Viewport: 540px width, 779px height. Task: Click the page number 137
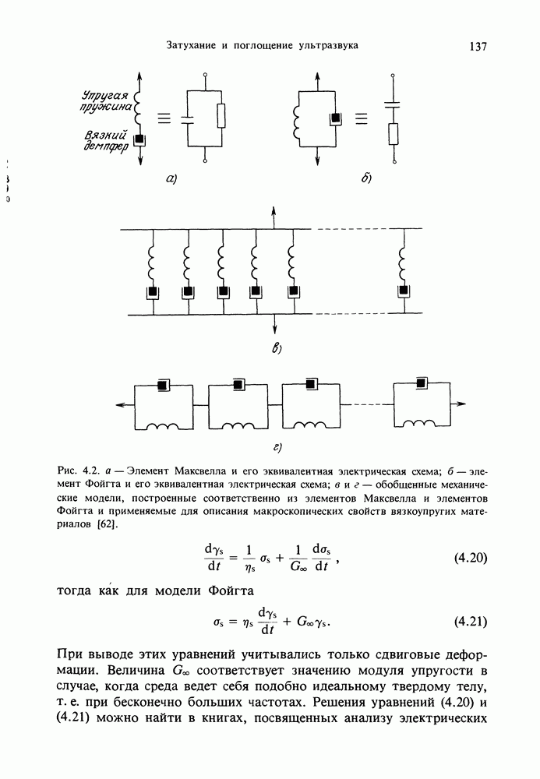click(478, 46)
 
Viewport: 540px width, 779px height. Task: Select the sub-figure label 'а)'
click(171, 179)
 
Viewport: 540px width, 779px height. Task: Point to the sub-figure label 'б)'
click(365, 179)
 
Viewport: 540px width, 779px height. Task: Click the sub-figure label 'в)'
click(275, 347)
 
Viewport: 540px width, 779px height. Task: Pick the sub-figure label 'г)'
click(275, 447)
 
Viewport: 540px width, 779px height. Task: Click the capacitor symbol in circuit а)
click(188, 119)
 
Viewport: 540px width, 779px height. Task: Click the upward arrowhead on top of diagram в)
click(274, 211)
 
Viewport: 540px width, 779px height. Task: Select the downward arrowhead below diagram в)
click(274, 330)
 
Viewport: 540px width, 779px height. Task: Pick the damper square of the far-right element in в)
click(404, 293)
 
